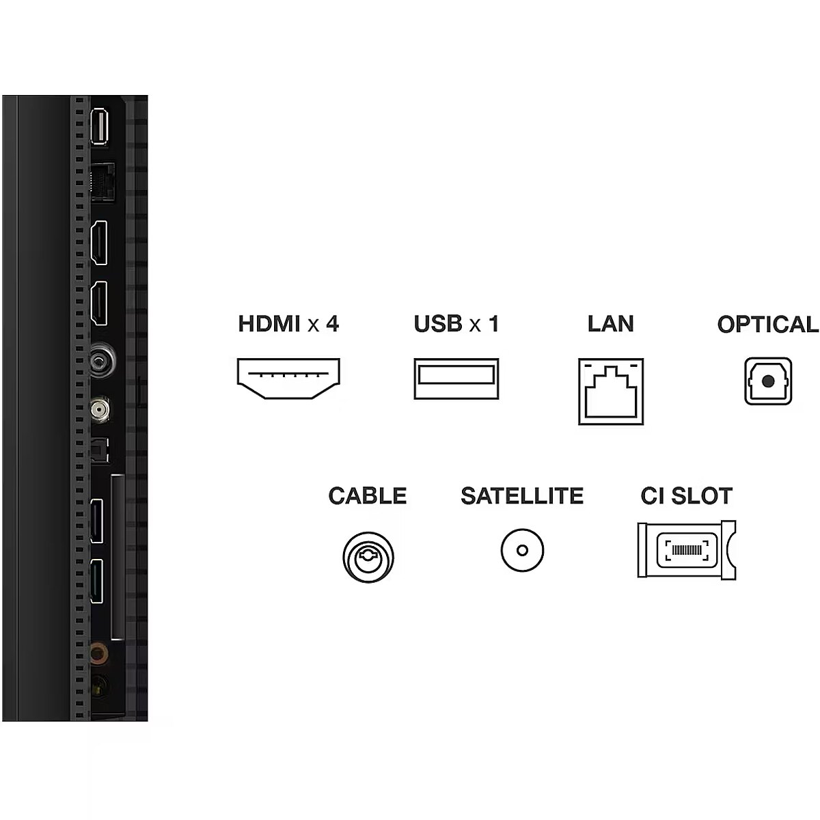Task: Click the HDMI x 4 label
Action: point(288,323)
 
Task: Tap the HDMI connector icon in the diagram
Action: point(288,379)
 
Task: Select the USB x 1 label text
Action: point(456,323)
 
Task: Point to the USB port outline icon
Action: point(456,379)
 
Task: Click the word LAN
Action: point(610,323)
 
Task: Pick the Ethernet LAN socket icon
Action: point(611,392)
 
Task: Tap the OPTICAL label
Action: point(767,325)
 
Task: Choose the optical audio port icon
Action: point(768,381)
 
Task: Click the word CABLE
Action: point(367,495)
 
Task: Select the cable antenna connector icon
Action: point(369,556)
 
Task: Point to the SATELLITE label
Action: point(522,495)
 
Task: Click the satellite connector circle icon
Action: point(522,550)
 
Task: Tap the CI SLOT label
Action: point(686,495)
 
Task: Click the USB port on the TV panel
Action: point(100,126)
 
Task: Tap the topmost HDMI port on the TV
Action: point(100,243)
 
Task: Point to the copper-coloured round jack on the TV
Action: point(100,654)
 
